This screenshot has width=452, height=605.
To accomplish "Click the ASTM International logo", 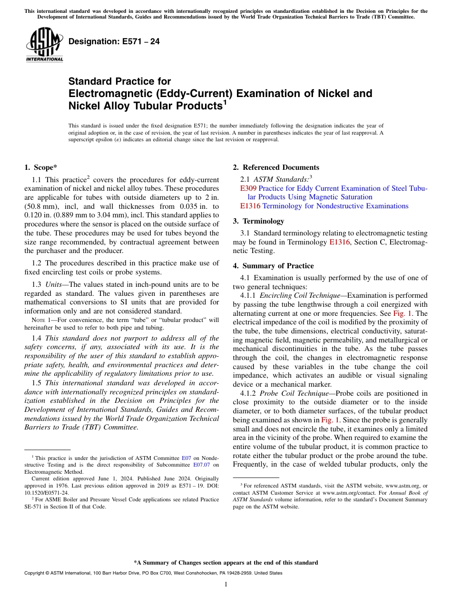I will pos(44,45).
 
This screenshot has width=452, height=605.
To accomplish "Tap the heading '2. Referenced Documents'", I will pos(276,167).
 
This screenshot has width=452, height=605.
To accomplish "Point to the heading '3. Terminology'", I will pos(258,221).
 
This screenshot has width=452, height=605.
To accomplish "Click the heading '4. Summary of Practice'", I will pos(273,266).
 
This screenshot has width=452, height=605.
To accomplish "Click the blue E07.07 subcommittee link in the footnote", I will pos(202,465).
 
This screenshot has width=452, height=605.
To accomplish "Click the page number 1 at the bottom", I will pos(226,585).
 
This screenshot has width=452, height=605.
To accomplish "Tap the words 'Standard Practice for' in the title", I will pos(119,81).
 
